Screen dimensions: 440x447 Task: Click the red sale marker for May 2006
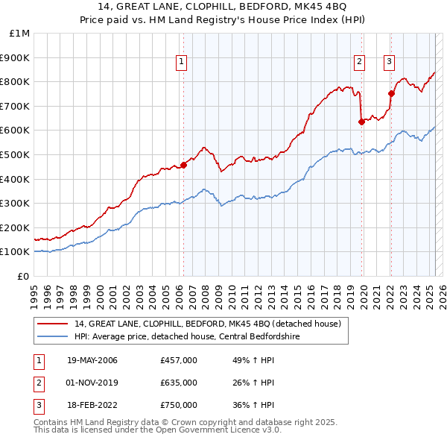click(183, 165)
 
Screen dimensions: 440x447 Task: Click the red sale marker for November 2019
click(361, 122)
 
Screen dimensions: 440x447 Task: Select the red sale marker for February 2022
click(390, 93)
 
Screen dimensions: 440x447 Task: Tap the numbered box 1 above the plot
click(182, 62)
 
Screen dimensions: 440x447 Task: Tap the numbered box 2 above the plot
click(359, 62)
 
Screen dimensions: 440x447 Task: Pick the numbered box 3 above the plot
click(390, 62)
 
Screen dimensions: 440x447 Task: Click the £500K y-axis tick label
click(16, 154)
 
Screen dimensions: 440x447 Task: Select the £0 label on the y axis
click(23, 276)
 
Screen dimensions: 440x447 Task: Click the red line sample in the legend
click(52, 324)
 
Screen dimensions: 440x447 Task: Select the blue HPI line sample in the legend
click(52, 336)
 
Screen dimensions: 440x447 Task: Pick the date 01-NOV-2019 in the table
click(92, 383)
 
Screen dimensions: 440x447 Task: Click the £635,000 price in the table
click(178, 383)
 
